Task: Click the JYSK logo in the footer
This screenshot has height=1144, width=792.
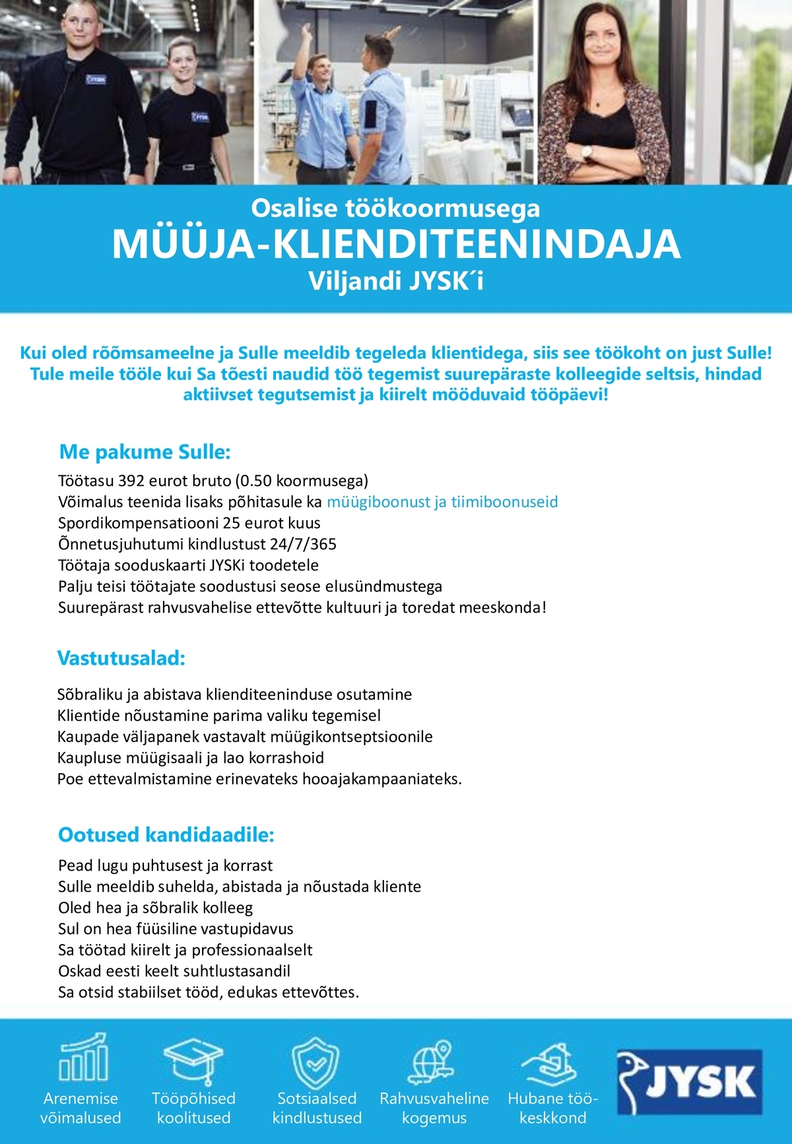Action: pyautogui.click(x=690, y=1081)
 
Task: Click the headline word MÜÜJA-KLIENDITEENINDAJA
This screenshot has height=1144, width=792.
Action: pyautogui.click(x=396, y=244)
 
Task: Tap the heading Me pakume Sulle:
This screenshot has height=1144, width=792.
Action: pyautogui.click(x=145, y=452)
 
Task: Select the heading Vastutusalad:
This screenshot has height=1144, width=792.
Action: pyautogui.click(x=121, y=658)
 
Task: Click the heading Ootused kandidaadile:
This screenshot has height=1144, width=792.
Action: pyautogui.click(x=166, y=835)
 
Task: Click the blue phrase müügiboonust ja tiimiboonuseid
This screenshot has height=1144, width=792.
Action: pyautogui.click(x=442, y=502)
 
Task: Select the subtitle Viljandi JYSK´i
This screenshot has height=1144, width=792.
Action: pyautogui.click(x=396, y=282)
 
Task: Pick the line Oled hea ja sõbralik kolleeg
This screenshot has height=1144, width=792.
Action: pyautogui.click(x=156, y=908)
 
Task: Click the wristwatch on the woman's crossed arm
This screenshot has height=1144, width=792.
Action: pyautogui.click(x=586, y=152)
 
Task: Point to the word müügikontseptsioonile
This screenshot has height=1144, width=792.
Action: pyautogui.click(x=362, y=737)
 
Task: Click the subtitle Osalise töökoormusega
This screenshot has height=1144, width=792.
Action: pyautogui.click(x=396, y=209)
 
